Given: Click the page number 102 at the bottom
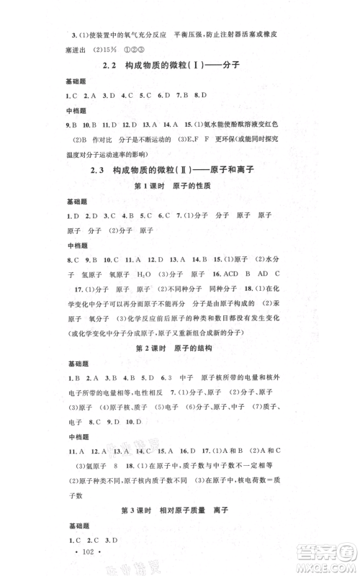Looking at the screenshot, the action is (x=85, y=556).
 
